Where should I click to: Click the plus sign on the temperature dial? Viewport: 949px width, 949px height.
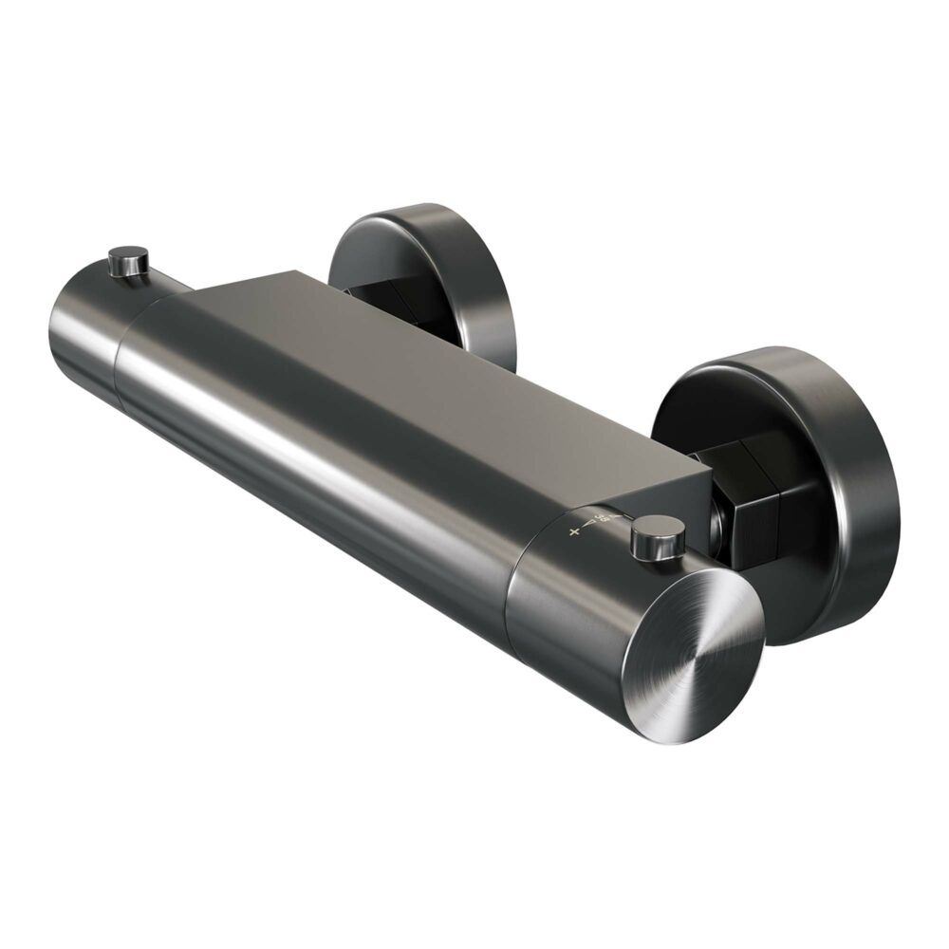[573, 532]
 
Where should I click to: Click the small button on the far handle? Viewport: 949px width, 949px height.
[129, 260]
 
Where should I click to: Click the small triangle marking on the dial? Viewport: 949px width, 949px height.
[589, 524]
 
